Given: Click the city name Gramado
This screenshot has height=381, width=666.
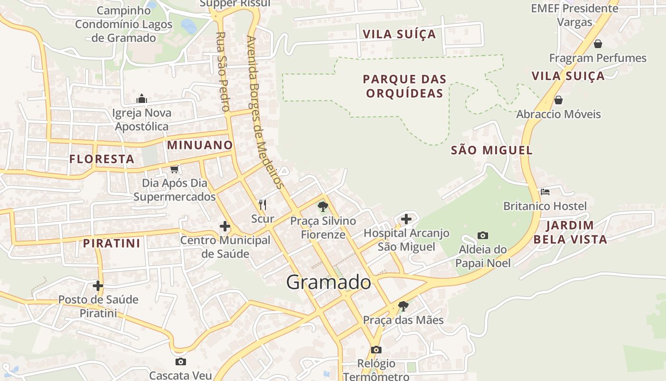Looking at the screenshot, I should pyautogui.click(x=328, y=282).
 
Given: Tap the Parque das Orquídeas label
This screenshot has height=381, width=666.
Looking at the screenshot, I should pyautogui.click(x=404, y=86).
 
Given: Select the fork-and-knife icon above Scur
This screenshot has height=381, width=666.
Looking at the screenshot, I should pyautogui.click(x=263, y=205).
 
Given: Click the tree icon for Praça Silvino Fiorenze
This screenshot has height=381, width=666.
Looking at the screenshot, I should pyautogui.click(x=323, y=207).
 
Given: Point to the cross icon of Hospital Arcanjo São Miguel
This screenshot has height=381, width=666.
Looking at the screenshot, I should pyautogui.click(x=406, y=219).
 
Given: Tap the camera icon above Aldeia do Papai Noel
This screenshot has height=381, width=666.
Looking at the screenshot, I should pyautogui.click(x=482, y=235).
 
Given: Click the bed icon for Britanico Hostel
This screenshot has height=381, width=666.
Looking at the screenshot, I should pyautogui.click(x=545, y=192).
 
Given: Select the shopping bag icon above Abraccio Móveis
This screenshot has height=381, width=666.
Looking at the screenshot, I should pyautogui.click(x=558, y=100).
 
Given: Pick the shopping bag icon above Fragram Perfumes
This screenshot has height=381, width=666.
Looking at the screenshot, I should pyautogui.click(x=597, y=44).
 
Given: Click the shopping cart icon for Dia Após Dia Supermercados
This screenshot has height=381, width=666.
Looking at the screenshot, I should pyautogui.click(x=175, y=169).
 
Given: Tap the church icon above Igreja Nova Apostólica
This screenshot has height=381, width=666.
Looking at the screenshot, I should pyautogui.click(x=142, y=99).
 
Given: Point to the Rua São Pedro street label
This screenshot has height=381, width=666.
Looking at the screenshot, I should pyautogui.click(x=222, y=71).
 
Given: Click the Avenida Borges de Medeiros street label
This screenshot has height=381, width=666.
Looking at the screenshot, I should pyautogui.click(x=265, y=112).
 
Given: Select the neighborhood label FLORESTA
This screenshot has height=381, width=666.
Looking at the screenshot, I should pyautogui.click(x=102, y=159).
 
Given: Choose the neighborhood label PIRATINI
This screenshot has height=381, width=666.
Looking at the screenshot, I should pyautogui.click(x=112, y=243).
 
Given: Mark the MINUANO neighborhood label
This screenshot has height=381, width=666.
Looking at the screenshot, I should pyautogui.click(x=200, y=145).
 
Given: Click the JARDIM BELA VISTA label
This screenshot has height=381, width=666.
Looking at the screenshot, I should pyautogui.click(x=570, y=232).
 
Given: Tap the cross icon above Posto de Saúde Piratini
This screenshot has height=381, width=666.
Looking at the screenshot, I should pyautogui.click(x=98, y=286).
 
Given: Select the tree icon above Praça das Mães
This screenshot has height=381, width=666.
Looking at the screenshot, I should pyautogui.click(x=403, y=306).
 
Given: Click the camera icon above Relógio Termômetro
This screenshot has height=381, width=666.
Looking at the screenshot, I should pyautogui.click(x=376, y=350).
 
